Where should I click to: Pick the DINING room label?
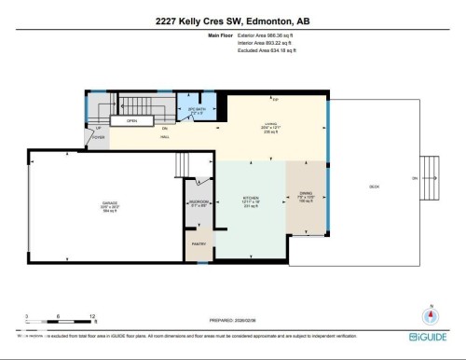click(x=306, y=196)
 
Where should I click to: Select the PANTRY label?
click(x=199, y=243)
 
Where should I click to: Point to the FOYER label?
click(x=97, y=136)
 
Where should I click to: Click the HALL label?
click(x=164, y=137)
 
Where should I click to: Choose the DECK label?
click(x=374, y=187)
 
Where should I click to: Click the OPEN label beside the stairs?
click(x=132, y=120)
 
